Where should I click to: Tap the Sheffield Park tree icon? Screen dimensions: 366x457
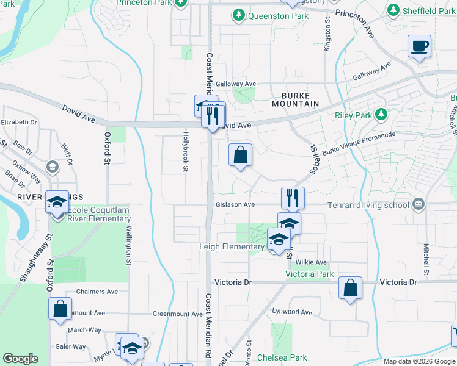point(393,11)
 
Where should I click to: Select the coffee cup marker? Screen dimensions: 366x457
point(420,46)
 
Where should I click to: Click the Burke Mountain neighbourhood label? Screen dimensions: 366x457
point(300,100)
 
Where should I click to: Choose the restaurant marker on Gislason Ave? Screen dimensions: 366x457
point(293,198)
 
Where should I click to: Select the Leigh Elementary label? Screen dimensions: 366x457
point(232,247)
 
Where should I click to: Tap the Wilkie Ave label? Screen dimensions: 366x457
point(312,262)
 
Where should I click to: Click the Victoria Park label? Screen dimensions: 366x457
point(310,274)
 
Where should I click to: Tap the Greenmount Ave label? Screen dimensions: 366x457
point(177,314)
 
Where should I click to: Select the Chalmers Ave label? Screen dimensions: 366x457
point(97,292)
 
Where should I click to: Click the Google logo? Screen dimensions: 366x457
point(21,359)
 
